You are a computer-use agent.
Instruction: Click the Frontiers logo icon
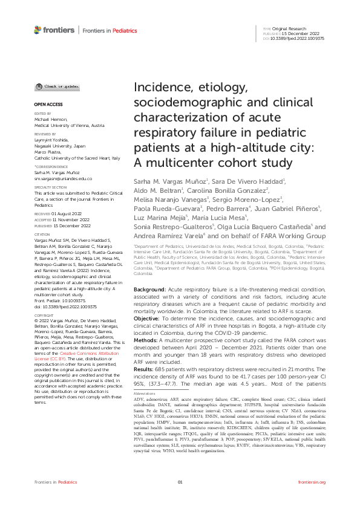click(x=38, y=29)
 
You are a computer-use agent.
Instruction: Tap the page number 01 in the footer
click(x=180, y=482)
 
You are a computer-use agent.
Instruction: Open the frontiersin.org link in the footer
click(x=312, y=482)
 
